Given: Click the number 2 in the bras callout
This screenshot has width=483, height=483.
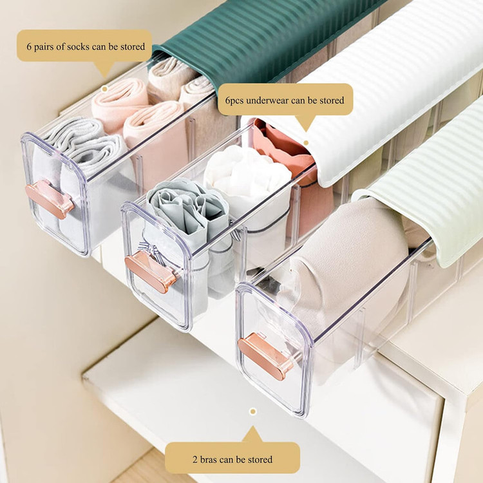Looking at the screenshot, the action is [195, 460].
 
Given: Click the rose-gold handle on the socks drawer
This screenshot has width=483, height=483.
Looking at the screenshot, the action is [50, 199].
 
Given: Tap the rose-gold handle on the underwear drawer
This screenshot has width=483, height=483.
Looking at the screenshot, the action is [151, 271].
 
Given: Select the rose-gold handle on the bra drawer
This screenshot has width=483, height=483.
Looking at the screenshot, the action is [265, 356].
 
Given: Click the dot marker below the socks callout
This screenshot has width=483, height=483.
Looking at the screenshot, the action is [105, 89].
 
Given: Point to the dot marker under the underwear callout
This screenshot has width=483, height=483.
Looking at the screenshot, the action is [306, 142].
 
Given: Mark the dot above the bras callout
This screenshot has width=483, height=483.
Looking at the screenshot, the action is [253, 412].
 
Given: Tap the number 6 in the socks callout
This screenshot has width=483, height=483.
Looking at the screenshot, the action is [29, 47].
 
